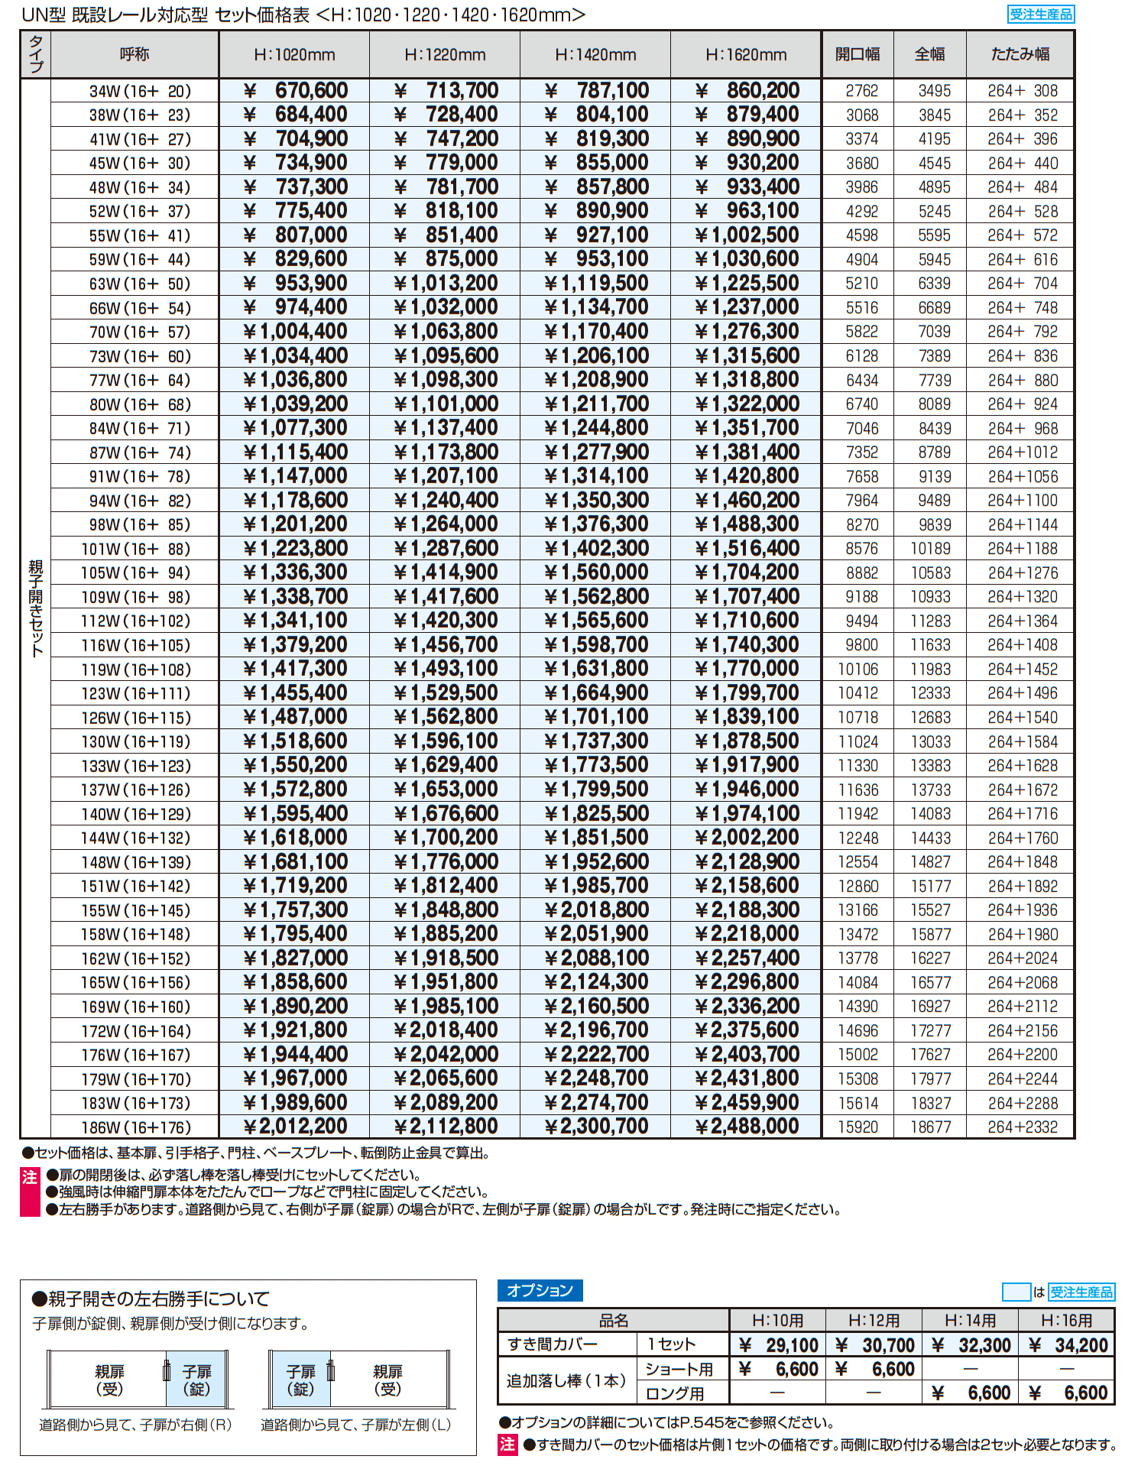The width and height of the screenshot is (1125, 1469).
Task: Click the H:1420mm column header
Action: click(x=595, y=55)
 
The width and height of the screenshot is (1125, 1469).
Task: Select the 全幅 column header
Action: click(x=930, y=54)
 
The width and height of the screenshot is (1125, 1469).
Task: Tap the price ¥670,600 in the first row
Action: click(x=295, y=91)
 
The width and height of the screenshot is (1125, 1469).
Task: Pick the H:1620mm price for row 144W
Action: click(x=747, y=838)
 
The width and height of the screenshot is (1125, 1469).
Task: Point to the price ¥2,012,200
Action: click(x=295, y=1127)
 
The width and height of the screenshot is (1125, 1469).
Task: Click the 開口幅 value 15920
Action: click(x=858, y=1127)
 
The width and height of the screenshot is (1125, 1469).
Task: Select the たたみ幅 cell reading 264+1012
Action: click(x=1023, y=452)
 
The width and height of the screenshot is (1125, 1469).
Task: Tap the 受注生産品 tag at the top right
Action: click(x=1041, y=15)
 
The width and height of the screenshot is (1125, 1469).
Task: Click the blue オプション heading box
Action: click(x=540, y=1291)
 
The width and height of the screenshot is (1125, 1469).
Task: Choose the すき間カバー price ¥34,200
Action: click(x=1068, y=1345)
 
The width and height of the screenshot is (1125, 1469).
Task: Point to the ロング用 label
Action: click(x=675, y=1393)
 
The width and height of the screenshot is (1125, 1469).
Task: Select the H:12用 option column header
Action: click(x=874, y=1320)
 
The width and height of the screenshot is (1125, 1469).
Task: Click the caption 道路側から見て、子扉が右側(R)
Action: click(x=135, y=1425)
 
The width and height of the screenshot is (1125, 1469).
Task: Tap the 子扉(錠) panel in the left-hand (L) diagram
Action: click(x=300, y=1380)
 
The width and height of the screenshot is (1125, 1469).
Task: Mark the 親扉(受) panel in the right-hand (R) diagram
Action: click(x=109, y=1380)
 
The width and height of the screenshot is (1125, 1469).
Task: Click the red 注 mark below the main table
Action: click(x=30, y=1178)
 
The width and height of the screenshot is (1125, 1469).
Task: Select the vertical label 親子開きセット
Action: click(x=36, y=608)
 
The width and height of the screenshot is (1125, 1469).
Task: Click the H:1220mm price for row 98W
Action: click(x=446, y=524)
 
